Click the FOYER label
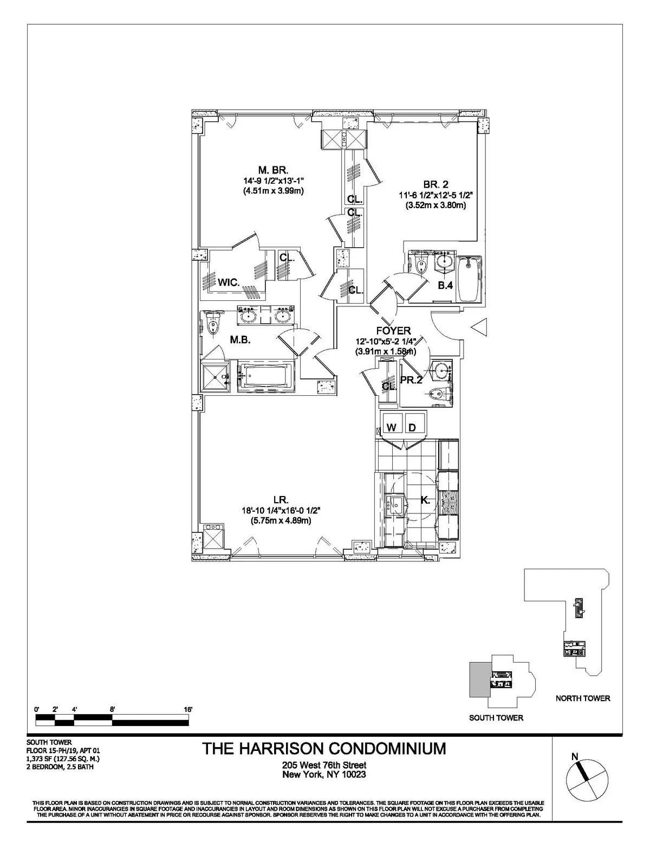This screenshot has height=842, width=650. (x=393, y=331)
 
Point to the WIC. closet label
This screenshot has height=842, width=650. (x=229, y=282)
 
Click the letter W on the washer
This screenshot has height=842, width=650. (x=392, y=428)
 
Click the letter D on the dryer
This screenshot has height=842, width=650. (x=412, y=428)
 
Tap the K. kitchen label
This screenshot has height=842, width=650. (x=425, y=500)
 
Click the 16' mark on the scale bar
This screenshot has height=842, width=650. (x=188, y=709)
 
